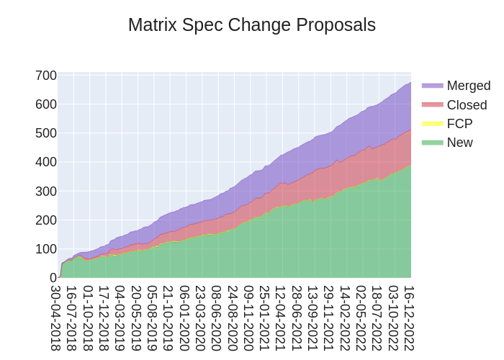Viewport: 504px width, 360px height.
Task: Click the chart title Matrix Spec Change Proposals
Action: click(x=252, y=25)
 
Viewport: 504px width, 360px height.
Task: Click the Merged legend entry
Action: click(x=468, y=86)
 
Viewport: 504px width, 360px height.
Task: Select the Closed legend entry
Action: click(x=467, y=105)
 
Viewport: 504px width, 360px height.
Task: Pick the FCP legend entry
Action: click(x=459, y=124)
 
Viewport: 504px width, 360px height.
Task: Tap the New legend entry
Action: click(x=459, y=143)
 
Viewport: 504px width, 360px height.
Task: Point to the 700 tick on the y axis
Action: click(x=46, y=76)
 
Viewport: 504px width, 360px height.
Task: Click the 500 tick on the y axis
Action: click(x=46, y=133)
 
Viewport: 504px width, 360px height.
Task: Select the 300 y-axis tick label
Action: click(x=46, y=191)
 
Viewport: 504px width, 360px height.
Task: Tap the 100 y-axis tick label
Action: click(x=46, y=248)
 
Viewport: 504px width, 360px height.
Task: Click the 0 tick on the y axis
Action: click(x=53, y=277)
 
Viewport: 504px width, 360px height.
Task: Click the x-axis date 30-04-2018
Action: click(x=55, y=318)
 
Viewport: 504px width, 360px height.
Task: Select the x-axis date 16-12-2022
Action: click(x=408, y=318)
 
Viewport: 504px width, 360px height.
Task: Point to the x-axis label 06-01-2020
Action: click(x=184, y=318)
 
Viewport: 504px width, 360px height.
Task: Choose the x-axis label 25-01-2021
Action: click(x=264, y=318)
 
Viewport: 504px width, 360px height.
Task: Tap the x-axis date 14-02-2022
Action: click(x=344, y=318)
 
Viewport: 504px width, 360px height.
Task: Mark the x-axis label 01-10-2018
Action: click(x=88, y=318)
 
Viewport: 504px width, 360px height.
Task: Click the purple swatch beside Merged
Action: click(x=432, y=86)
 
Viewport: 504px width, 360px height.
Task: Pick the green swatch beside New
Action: click(x=432, y=143)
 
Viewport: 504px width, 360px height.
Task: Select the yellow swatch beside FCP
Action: click(x=432, y=124)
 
